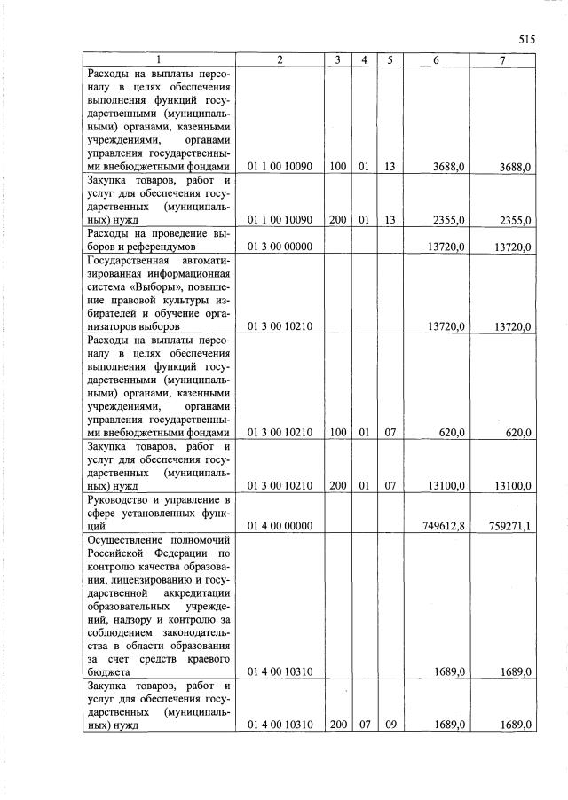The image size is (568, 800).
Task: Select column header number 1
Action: [x=160, y=59]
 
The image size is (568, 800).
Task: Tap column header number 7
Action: [x=502, y=59]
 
